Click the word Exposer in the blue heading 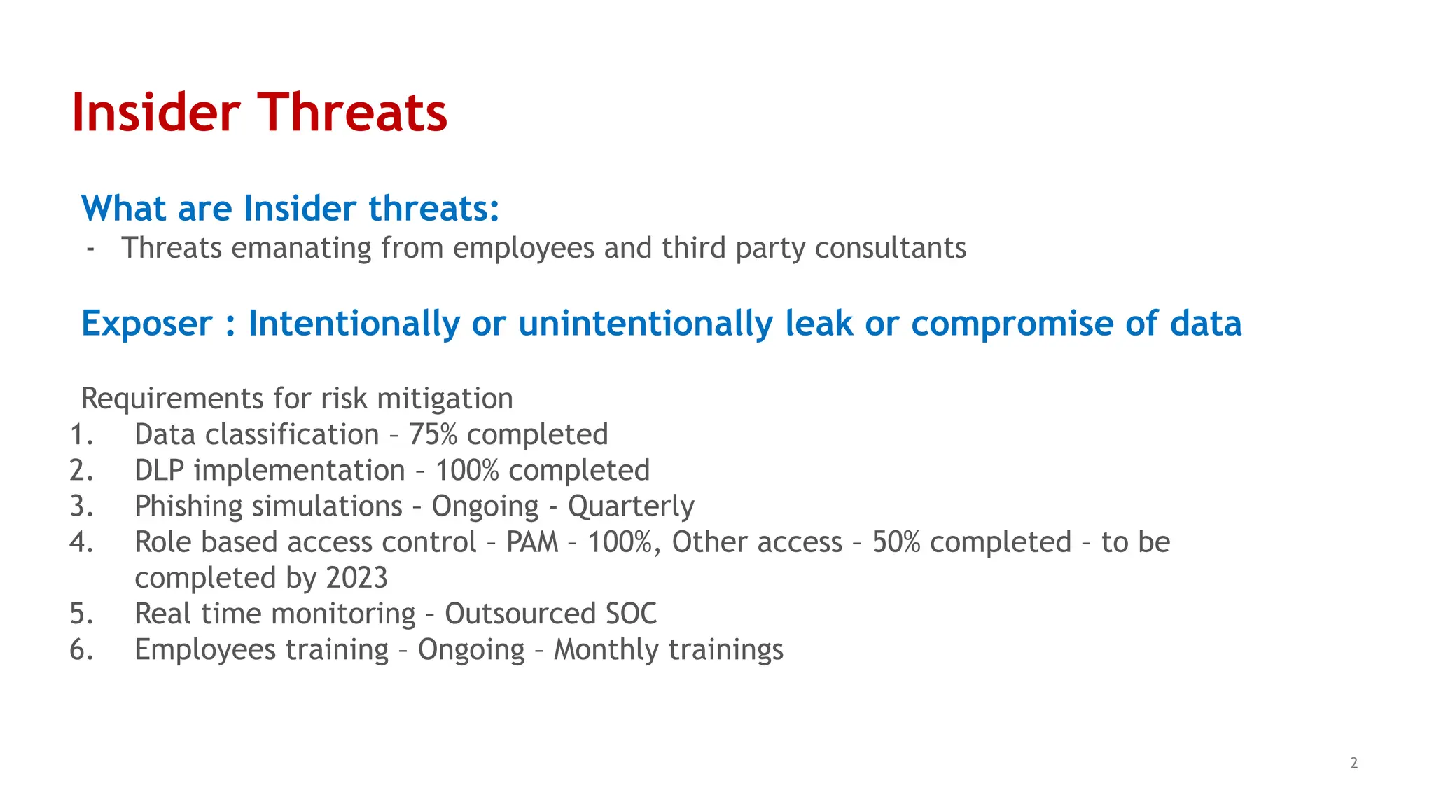click(x=146, y=324)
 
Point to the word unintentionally click(x=646, y=324)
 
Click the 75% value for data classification click(x=433, y=435)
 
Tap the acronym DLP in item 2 click(x=159, y=471)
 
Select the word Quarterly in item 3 click(x=631, y=506)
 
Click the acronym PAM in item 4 click(x=532, y=542)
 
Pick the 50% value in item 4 click(x=896, y=542)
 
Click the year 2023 click(x=356, y=578)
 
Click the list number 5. click(x=81, y=614)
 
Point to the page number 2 click(x=1353, y=763)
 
